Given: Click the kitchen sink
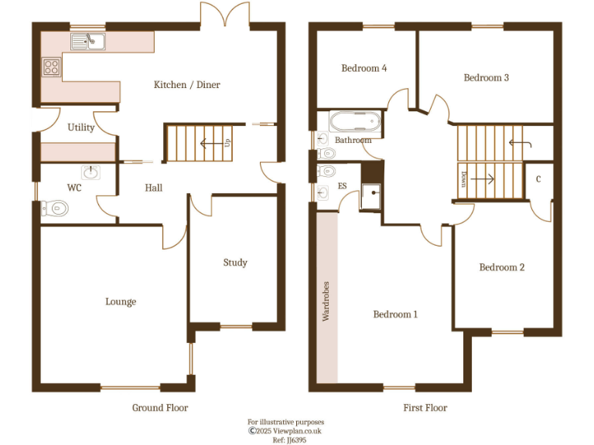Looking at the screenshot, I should [x=89, y=41].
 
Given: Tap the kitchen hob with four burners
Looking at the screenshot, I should [x=52, y=67].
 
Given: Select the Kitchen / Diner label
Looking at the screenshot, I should [x=186, y=85].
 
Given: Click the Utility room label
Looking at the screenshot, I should [x=80, y=127].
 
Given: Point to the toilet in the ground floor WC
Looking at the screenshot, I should [x=56, y=207].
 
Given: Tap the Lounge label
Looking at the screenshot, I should [x=121, y=301].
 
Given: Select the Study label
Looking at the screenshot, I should [x=235, y=263].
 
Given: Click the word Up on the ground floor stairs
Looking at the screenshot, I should [x=227, y=143].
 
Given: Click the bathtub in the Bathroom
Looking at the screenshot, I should [x=354, y=122].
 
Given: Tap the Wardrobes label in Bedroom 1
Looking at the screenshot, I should [x=326, y=301].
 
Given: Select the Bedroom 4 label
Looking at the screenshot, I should [x=364, y=68].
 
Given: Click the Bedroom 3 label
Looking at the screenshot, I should [x=486, y=77].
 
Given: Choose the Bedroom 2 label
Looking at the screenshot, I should [x=502, y=267].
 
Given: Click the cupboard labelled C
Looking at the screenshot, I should [x=538, y=178].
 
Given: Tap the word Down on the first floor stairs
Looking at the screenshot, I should [x=463, y=178].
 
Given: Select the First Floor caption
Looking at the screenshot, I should [x=425, y=407].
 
